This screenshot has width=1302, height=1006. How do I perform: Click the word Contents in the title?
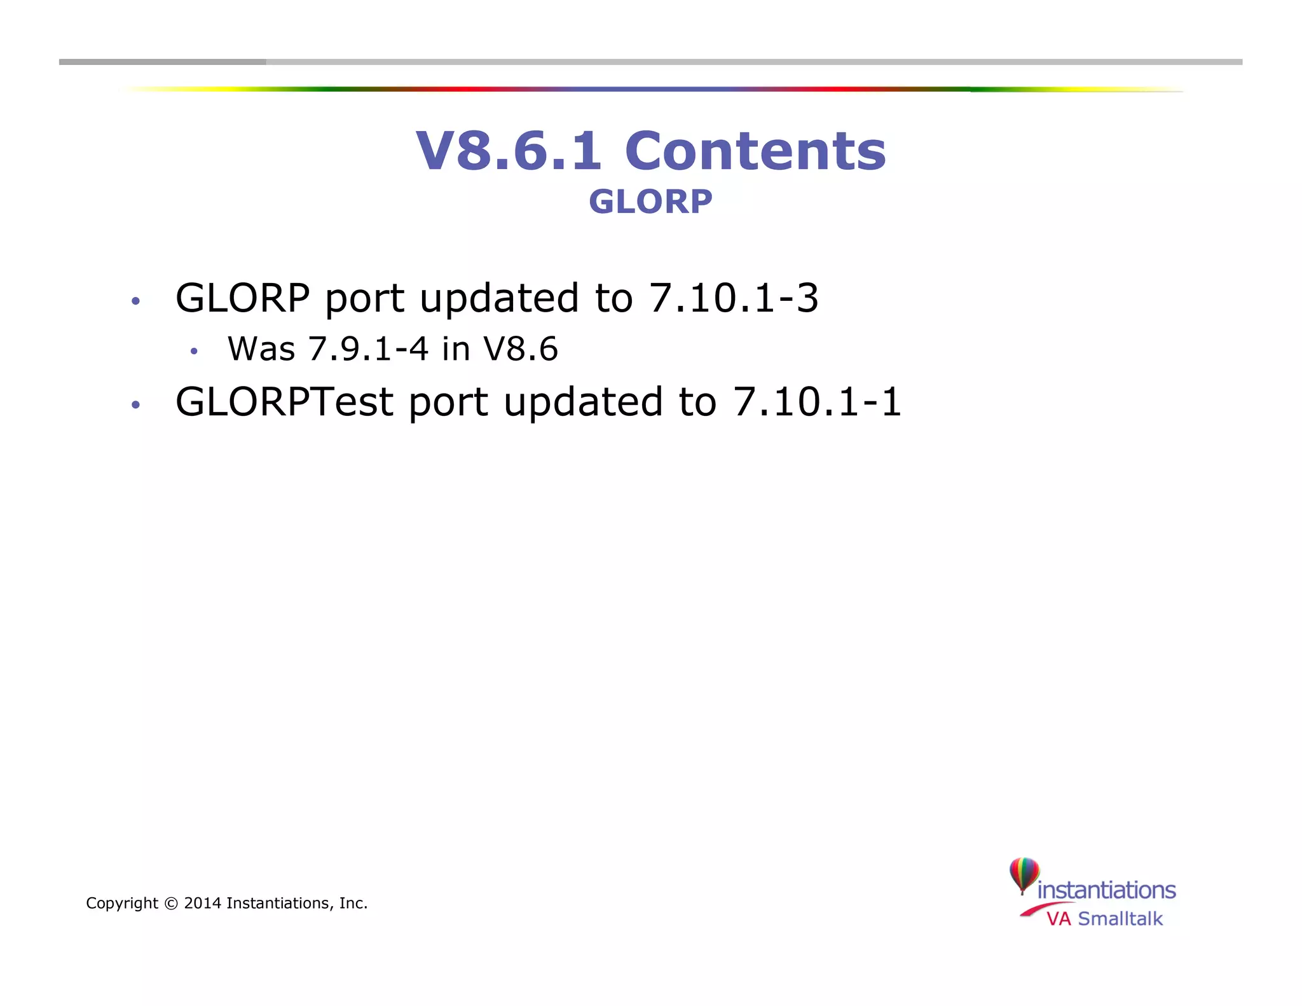pos(755,151)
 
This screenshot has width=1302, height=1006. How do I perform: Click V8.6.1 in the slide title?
pos(509,151)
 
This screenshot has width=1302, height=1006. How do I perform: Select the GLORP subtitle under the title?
pos(650,202)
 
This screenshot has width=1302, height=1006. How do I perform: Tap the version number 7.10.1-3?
pos(734,298)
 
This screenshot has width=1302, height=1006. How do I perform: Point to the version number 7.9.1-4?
pos(368,349)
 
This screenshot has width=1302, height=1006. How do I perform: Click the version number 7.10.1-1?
pos(817,402)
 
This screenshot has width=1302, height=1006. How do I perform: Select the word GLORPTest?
pos(284,402)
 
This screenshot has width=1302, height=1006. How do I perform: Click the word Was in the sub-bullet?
pos(261,349)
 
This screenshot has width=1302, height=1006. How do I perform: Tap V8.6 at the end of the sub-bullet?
pos(520,349)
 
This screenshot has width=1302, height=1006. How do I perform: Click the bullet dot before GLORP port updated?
pos(135,301)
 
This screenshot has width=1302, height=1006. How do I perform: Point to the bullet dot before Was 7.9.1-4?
pos(194,351)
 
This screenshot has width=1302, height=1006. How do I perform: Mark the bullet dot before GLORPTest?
pos(135,405)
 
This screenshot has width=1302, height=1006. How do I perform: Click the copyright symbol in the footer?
pos(171,904)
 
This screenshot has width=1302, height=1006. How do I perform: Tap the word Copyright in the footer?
pos(122,904)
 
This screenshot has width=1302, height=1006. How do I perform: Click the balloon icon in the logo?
pos(1024,874)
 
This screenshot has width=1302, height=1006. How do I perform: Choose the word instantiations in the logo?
pos(1106,890)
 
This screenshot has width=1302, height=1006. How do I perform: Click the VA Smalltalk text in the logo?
pos(1104,919)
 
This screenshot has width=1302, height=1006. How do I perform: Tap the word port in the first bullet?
pos(364,299)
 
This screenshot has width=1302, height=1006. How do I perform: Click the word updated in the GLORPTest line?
pos(583,402)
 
